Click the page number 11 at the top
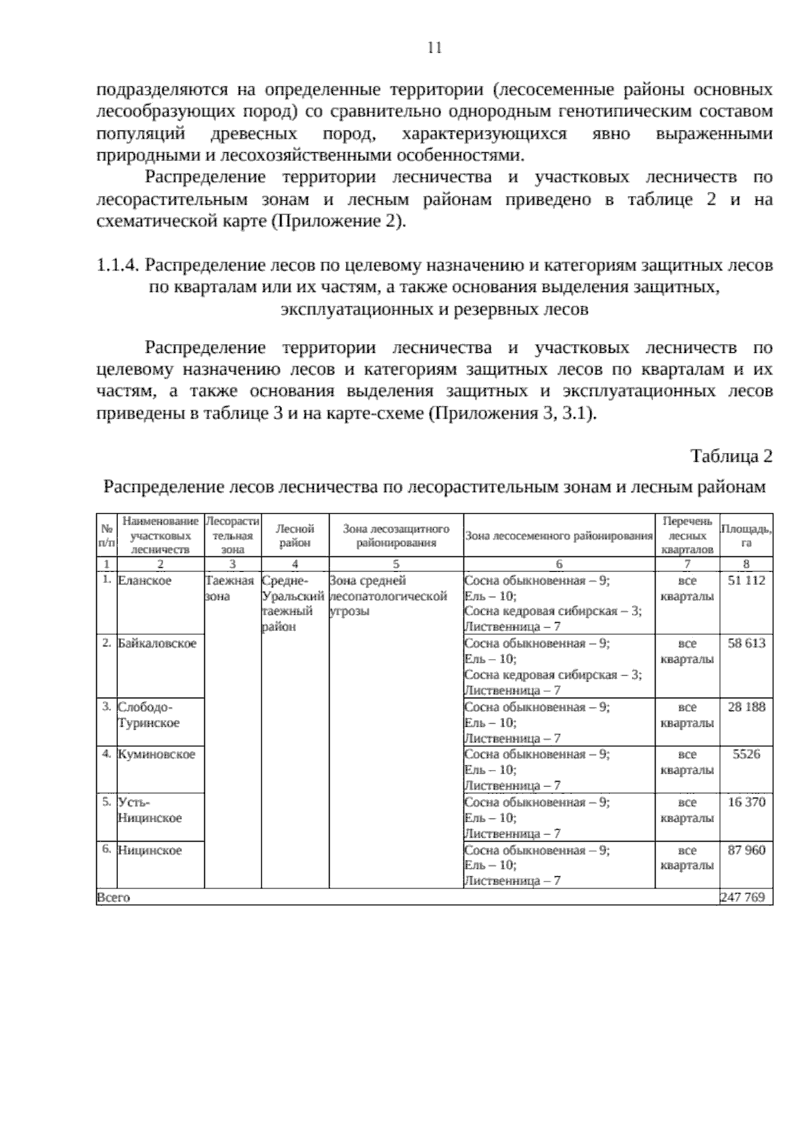434,47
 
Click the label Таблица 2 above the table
731,456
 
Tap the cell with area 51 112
746,581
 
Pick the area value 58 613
746,643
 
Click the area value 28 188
746,707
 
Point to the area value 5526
746,755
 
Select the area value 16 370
746,803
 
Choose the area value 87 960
746,850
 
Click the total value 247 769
743,897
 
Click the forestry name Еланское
145,581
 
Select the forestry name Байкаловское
157,643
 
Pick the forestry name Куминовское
156,755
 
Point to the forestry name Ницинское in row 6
150,851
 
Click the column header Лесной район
295,535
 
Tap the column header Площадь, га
746,535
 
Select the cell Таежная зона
230,588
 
